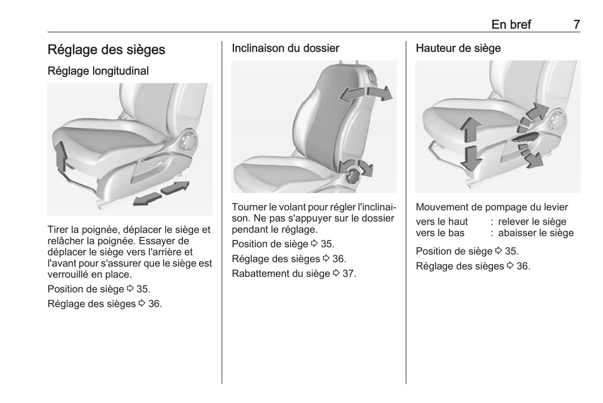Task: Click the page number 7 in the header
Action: click(576, 25)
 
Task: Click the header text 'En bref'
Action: click(511, 25)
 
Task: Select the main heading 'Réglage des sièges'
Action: click(106, 50)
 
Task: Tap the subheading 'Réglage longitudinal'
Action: click(98, 71)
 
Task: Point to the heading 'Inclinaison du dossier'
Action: click(285, 48)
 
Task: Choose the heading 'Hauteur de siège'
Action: click(458, 48)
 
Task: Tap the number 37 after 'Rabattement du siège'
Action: click(349, 274)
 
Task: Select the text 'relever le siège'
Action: click(532, 222)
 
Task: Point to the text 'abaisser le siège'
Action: click(536, 233)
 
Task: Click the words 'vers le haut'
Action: click(442, 222)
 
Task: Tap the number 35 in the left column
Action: click(143, 289)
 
